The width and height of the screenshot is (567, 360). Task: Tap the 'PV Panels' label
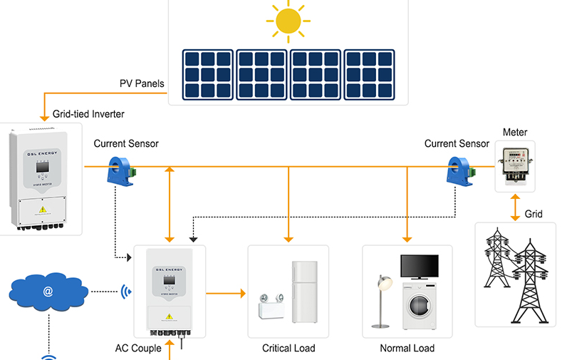click(142, 83)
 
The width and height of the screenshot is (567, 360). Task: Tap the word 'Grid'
click(534, 214)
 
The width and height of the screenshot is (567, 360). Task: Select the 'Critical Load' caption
click(288, 348)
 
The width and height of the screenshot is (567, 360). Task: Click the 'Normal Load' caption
click(407, 348)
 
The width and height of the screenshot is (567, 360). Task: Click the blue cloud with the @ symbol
click(48, 291)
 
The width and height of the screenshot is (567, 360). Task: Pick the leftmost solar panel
click(207, 74)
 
